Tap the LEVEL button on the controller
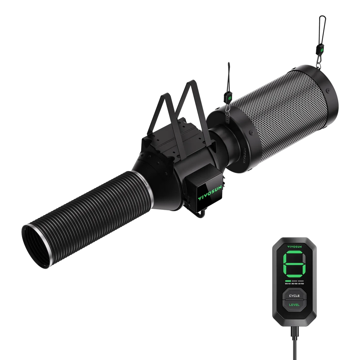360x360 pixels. click(x=294, y=304)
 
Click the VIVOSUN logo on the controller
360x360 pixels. click(x=294, y=246)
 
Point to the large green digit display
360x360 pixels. click(x=294, y=264)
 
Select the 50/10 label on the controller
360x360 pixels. click(x=288, y=284)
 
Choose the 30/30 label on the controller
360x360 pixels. click(x=294, y=284)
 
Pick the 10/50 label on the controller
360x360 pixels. click(x=300, y=284)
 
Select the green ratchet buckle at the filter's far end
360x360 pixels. click(x=319, y=50)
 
